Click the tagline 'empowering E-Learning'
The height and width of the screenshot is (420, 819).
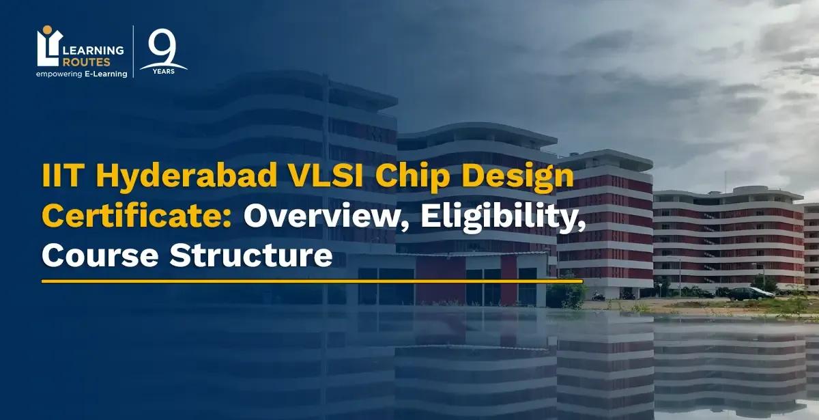(81, 74)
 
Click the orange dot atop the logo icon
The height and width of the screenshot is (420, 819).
(46, 30)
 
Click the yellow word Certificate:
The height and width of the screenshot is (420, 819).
(139, 218)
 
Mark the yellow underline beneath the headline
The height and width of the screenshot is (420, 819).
(312, 281)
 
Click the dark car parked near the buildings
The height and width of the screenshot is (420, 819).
(749, 294)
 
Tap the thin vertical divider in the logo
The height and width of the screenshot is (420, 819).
(133, 52)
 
